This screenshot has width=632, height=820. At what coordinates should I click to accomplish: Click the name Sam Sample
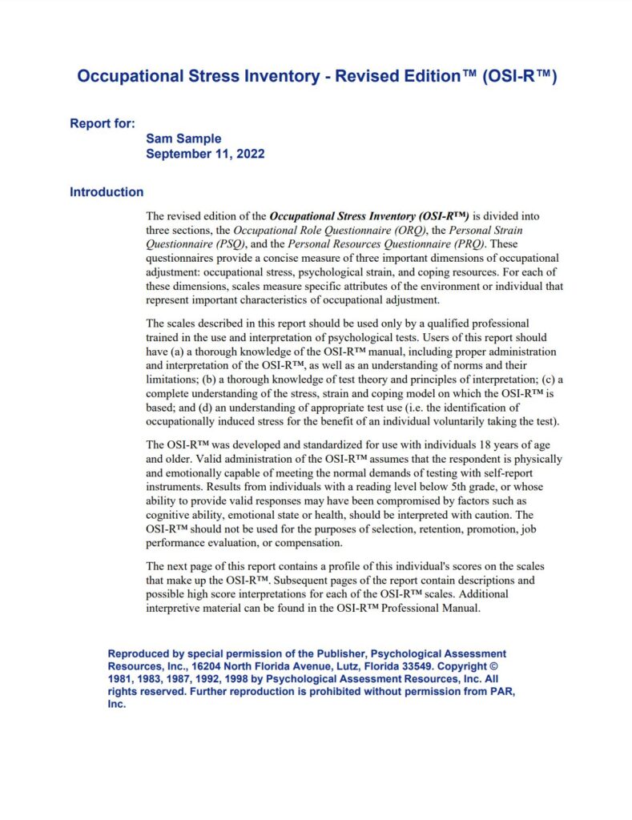[183, 139]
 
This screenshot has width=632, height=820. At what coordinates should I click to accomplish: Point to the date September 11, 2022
[205, 153]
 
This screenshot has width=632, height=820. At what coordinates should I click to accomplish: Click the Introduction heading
[107, 192]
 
